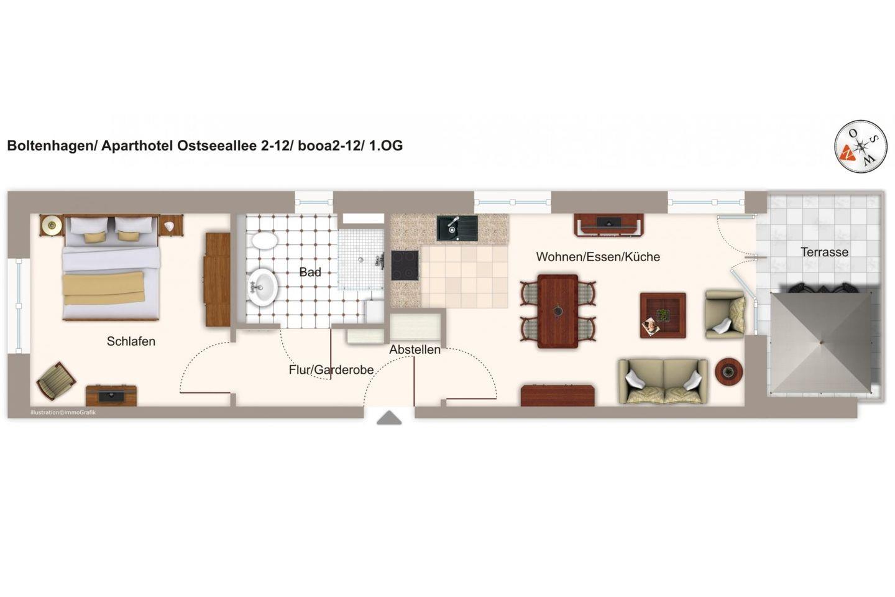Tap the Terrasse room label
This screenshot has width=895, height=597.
(824, 252)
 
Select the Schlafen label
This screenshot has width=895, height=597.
(131, 341)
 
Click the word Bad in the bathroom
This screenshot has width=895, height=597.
(310, 272)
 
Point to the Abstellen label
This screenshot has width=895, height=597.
(415, 349)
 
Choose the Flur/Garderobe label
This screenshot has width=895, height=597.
(331, 370)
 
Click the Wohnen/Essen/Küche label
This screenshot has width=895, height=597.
(598, 257)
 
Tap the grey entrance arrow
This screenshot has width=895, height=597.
(389, 417)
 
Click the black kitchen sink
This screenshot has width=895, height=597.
(457, 228)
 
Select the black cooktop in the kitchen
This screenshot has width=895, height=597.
(405, 266)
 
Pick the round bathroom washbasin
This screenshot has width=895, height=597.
(262, 287)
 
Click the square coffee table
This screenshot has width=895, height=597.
(663, 315)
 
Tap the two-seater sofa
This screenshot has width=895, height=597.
(663, 381)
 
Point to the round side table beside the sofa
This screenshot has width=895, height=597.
(728, 372)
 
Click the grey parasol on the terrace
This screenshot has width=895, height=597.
(821, 343)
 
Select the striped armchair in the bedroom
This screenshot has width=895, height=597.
(56, 381)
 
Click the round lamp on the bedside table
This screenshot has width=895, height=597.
(52, 224)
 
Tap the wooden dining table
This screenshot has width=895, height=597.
(558, 311)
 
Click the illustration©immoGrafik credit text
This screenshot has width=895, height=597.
(63, 412)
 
